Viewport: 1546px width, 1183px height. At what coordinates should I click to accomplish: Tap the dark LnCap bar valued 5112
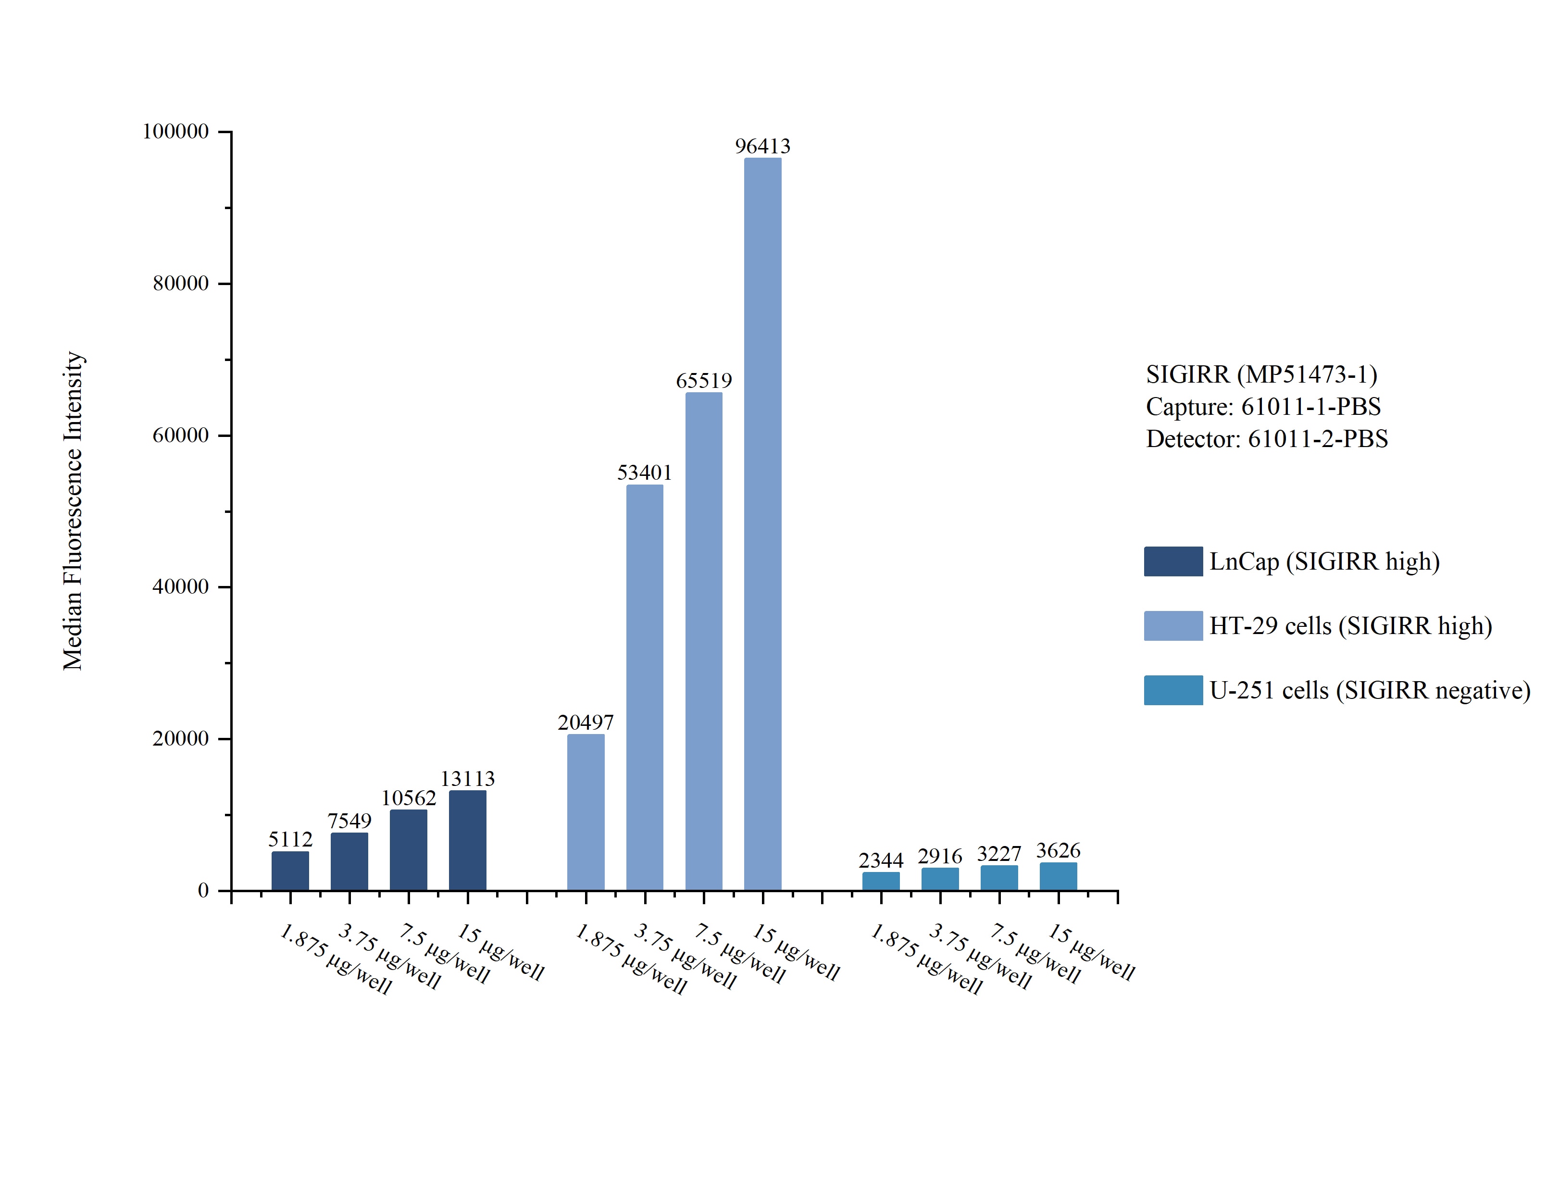coord(290,871)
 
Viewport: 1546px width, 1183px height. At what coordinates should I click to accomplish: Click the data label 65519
coord(703,381)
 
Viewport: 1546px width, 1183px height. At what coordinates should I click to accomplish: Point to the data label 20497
coord(585,722)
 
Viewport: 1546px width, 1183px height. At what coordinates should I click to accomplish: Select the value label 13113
coord(467,779)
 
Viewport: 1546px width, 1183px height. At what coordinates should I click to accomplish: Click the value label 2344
coord(881,860)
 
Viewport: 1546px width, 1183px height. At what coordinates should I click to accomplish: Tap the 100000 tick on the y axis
coord(176,132)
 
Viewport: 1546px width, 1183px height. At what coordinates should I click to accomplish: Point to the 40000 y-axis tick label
coord(181,586)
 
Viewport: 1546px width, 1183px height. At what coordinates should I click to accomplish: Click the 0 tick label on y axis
coord(203,891)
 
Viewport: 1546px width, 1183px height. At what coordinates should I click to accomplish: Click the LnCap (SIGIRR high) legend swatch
coord(1173,561)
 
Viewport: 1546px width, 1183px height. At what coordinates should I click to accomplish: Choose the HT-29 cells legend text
coord(1350,626)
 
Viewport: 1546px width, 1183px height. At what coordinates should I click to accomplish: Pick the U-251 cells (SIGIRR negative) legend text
coord(1369,691)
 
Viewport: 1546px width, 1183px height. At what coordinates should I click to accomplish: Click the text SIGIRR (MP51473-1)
coord(1261,374)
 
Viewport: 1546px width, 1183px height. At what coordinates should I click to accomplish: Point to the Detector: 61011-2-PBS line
coord(1267,439)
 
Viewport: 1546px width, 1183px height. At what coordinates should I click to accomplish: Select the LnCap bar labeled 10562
coord(408,850)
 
